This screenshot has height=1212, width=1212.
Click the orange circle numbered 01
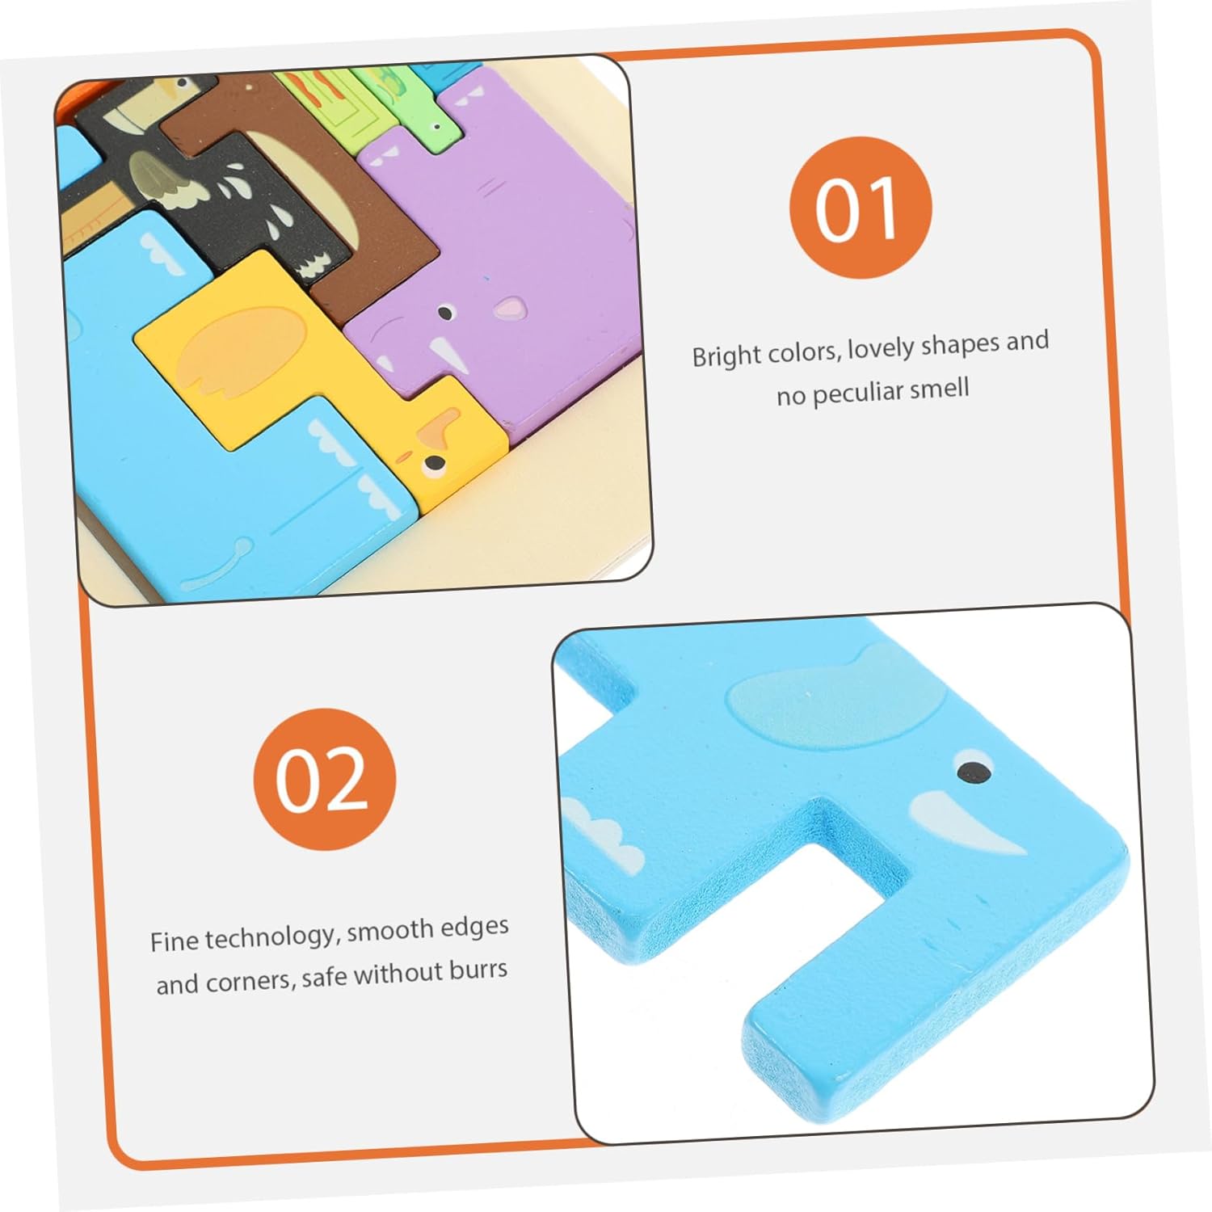(x=861, y=208)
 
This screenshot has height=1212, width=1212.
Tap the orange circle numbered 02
(x=325, y=779)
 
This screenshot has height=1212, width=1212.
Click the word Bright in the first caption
(x=726, y=355)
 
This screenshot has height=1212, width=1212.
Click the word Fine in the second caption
(x=174, y=941)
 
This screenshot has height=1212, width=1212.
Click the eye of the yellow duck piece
(x=434, y=464)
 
